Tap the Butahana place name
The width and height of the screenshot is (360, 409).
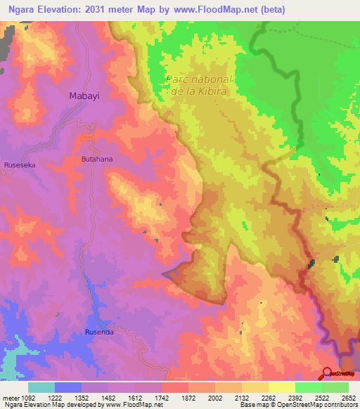[x=97, y=160]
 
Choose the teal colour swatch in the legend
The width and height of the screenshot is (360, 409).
[x=41, y=387]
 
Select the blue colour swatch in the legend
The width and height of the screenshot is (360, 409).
[x=68, y=387]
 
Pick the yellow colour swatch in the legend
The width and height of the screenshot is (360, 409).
[x=282, y=387]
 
